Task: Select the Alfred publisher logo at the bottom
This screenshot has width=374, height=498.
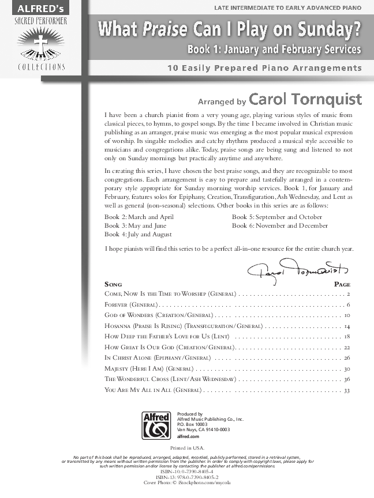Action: [x=155, y=426]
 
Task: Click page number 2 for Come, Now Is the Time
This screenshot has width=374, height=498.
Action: [x=349, y=294]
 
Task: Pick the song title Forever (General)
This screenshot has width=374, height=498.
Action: [x=130, y=304]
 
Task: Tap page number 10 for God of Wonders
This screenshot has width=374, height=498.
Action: [x=347, y=315]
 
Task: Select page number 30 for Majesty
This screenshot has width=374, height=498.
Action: [x=347, y=368]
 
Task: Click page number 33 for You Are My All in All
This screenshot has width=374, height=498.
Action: [x=347, y=390]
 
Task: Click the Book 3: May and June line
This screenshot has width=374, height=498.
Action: [x=135, y=225]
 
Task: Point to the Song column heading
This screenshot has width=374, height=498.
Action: [x=113, y=284]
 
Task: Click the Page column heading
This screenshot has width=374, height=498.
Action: [x=342, y=284]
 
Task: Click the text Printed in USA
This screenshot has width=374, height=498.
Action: [x=187, y=447]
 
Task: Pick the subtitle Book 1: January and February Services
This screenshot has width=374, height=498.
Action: [x=274, y=50]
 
